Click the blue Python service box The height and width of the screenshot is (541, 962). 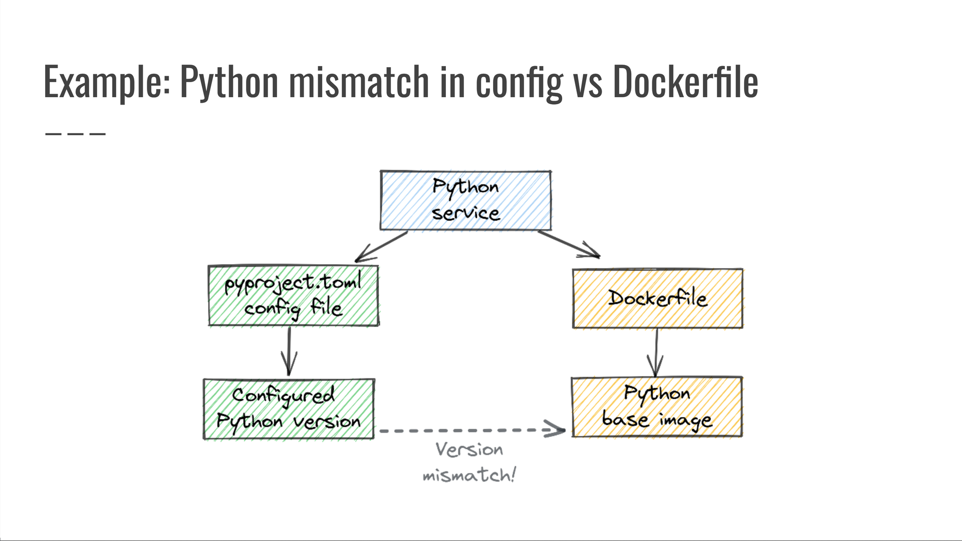[x=465, y=200]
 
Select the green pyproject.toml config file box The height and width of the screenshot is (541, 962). [x=293, y=296]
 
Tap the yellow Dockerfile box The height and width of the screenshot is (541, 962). [x=657, y=299]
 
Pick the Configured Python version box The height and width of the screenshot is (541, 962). [x=289, y=409]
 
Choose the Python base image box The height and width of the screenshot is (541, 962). [x=656, y=407]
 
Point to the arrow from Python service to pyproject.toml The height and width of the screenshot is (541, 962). [x=381, y=247]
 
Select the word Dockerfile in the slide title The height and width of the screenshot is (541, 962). [x=685, y=82]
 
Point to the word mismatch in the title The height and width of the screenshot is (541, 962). [x=359, y=82]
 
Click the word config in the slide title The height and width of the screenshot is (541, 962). [x=519, y=82]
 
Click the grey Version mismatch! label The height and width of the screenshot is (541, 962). [x=469, y=462]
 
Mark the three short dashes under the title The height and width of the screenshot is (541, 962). [x=75, y=134]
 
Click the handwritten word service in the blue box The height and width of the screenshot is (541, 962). [x=465, y=213]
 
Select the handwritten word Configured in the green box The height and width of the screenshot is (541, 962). [x=283, y=396]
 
